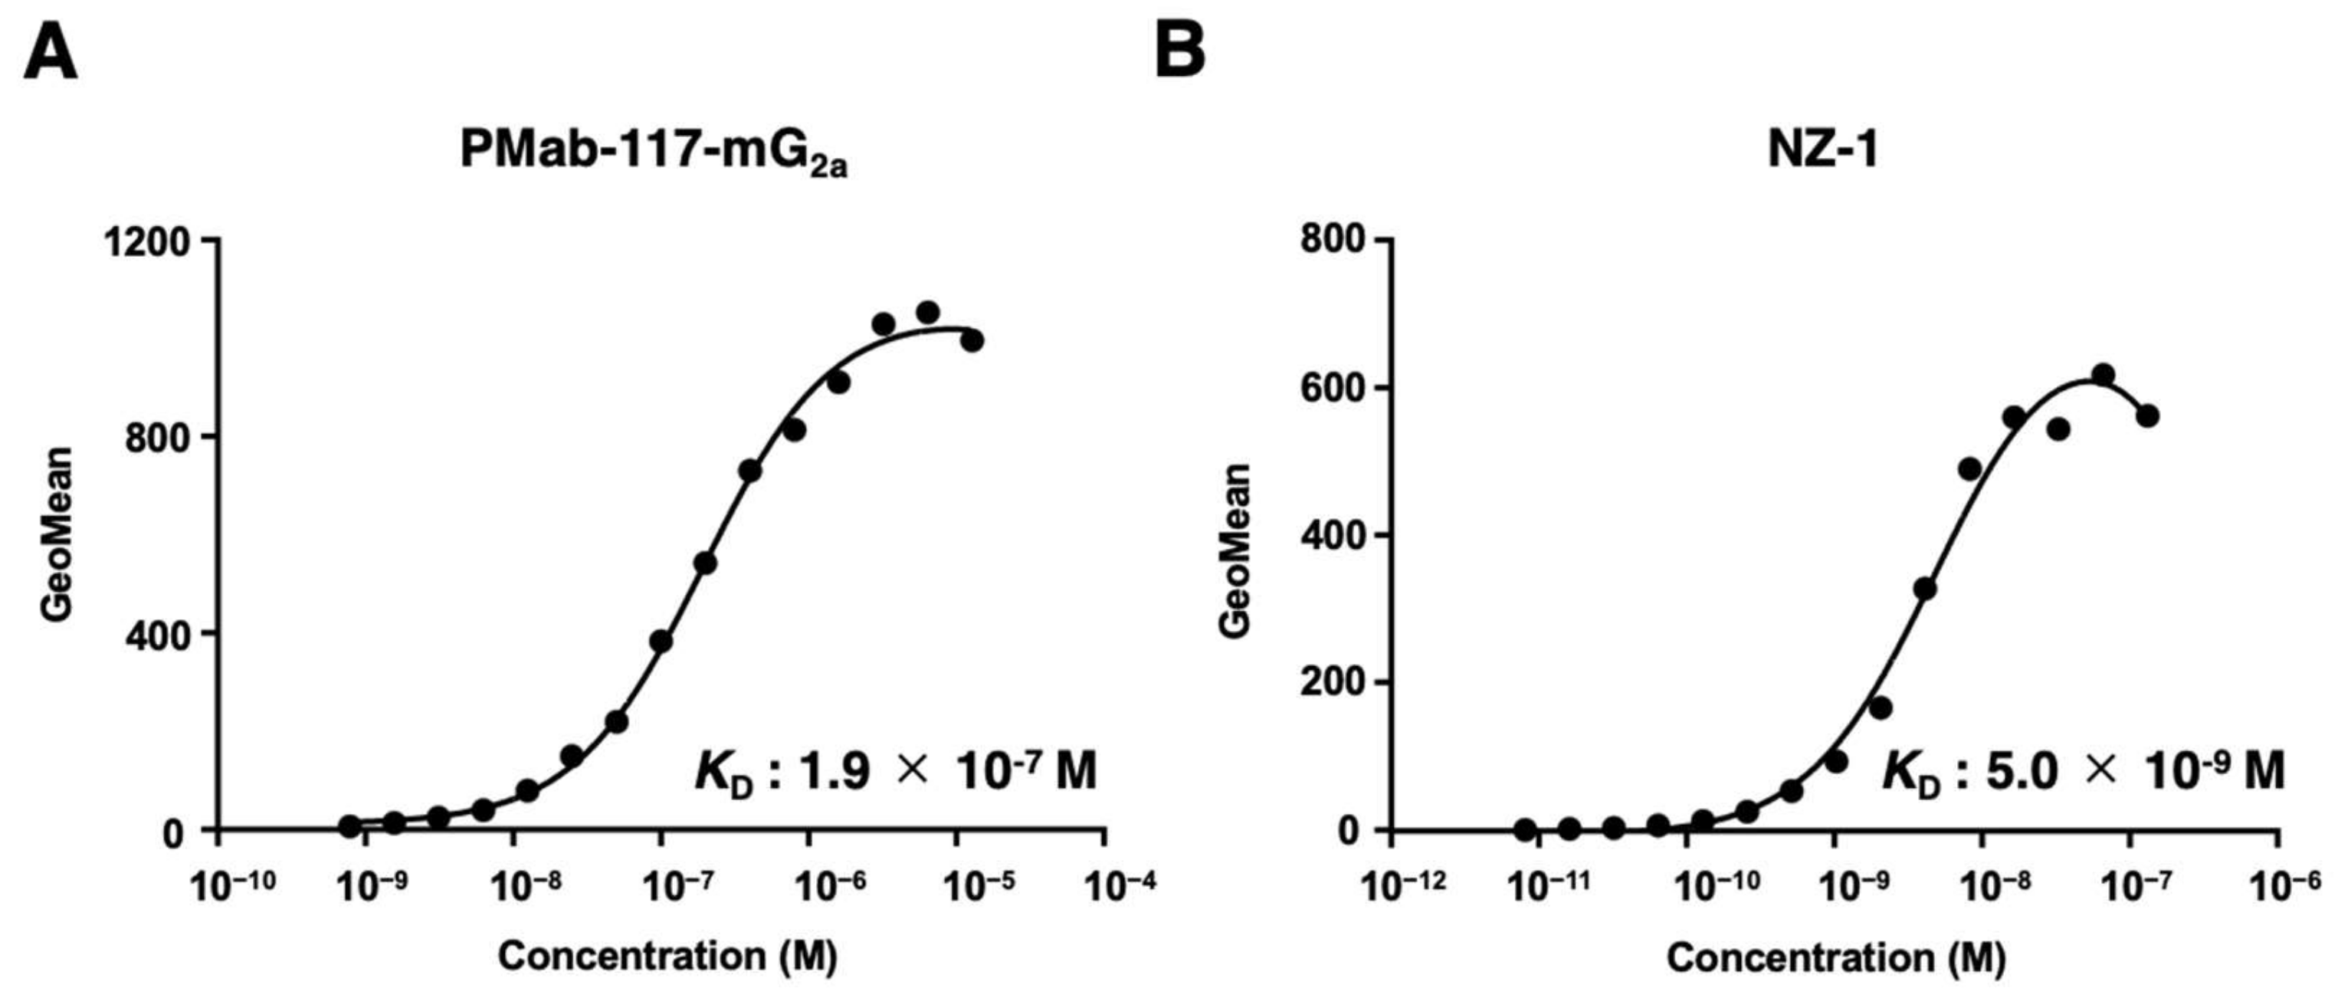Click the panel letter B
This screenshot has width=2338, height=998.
coord(1180,52)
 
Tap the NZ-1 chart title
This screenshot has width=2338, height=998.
coord(1822,149)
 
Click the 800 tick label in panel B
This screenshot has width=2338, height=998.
coord(1333,240)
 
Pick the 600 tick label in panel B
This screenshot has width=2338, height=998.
coord(1333,388)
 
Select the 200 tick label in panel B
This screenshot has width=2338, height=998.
coord(1333,683)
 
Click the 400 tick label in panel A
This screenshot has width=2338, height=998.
coord(158,634)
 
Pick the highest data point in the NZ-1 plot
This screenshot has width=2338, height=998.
coord(2103,375)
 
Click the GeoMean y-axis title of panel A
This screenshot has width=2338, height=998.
coord(57,534)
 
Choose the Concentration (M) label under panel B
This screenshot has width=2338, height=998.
coord(1835,958)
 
